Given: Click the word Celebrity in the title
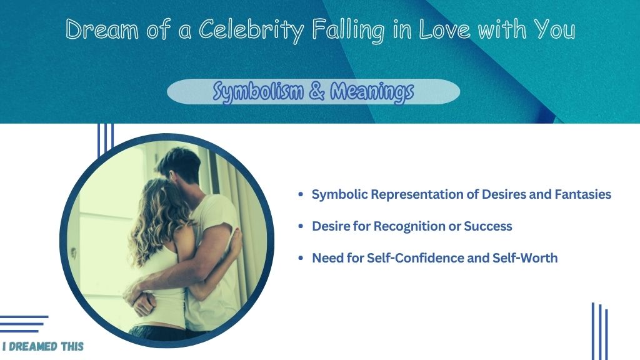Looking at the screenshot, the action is click(x=251, y=30).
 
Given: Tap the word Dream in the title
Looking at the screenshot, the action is click(x=102, y=30).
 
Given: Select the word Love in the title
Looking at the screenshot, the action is click(x=444, y=30).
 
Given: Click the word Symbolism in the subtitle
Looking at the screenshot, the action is click(x=258, y=91).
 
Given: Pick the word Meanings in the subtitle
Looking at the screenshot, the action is click(x=372, y=91).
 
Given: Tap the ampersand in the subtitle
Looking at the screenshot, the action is click(x=317, y=91).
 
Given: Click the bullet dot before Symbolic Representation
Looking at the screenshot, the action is click(x=301, y=195).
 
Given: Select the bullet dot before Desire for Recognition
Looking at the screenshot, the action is click(x=301, y=226).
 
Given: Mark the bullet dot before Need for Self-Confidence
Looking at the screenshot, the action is click(x=301, y=258).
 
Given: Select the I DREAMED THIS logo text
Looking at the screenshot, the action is click(x=43, y=346).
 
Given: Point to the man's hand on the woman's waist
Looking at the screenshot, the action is click(x=141, y=300).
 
